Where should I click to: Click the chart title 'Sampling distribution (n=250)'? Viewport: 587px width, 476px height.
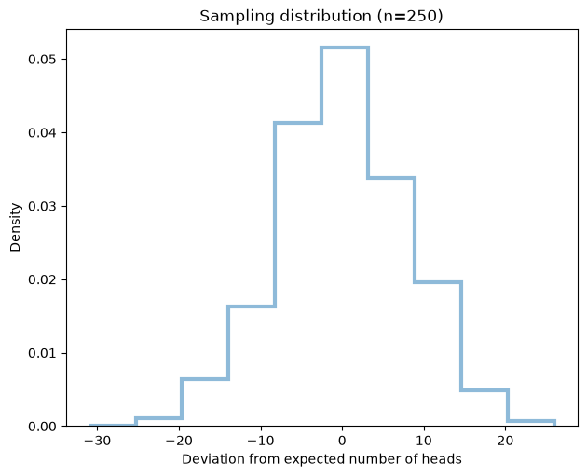pyautogui.click(x=321, y=16)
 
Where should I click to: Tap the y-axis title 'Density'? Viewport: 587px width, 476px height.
pyautogui.click(x=15, y=227)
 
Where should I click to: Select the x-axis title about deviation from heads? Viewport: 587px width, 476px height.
pyautogui.click(x=321, y=459)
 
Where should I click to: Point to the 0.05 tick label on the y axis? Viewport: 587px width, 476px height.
pyautogui.click(x=42, y=59)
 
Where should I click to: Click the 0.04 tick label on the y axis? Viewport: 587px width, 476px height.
pyautogui.click(x=42, y=133)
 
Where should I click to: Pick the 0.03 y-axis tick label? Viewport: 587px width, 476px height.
pyautogui.click(x=42, y=206)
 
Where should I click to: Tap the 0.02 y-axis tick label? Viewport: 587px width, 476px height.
pyautogui.click(x=42, y=279)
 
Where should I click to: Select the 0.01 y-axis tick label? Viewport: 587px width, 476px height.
pyautogui.click(x=42, y=353)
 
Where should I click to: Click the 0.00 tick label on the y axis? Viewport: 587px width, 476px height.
pyautogui.click(x=42, y=427)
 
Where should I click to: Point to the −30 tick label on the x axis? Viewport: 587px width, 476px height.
pyautogui.click(x=97, y=441)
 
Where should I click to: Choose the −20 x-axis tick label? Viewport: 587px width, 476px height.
pyautogui.click(x=179, y=441)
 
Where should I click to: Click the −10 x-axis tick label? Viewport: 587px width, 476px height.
pyautogui.click(x=261, y=441)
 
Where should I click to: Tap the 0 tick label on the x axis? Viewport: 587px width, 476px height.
pyautogui.click(x=342, y=441)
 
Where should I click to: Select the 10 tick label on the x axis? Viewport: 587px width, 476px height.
pyautogui.click(x=424, y=441)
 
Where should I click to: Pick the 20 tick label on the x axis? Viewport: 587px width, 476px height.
pyautogui.click(x=505, y=441)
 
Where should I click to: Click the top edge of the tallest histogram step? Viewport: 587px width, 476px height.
pyautogui.click(x=345, y=48)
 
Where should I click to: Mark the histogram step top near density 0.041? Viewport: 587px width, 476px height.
pyautogui.click(x=298, y=123)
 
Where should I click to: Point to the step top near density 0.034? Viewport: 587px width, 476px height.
pyautogui.click(x=391, y=178)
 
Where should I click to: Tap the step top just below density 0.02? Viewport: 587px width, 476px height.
pyautogui.click(x=438, y=282)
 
